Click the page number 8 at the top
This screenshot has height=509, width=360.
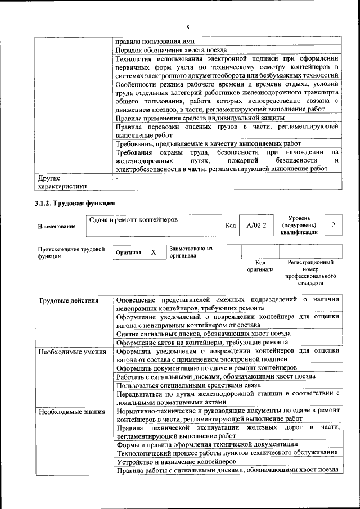[188, 27]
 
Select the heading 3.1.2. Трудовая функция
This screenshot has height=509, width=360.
[75, 203]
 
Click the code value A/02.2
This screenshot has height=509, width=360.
[256, 226]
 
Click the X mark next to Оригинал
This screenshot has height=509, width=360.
[153, 253]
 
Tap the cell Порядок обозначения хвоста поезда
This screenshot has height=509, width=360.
[172, 50]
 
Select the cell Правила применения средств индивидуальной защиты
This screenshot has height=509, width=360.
[200, 118]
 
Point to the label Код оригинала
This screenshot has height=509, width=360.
[260, 266]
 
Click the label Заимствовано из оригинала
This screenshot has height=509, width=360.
[191, 251]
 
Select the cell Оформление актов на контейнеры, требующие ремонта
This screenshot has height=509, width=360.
[202, 342]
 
